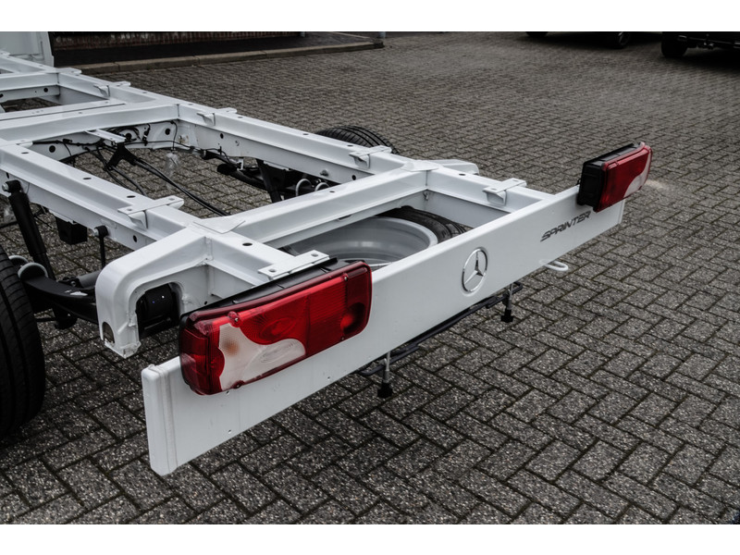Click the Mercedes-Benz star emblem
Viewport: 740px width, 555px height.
475,270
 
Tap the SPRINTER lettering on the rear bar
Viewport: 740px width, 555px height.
565,226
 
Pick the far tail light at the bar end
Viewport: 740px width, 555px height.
614,177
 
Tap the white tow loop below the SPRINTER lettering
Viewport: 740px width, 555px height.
557,265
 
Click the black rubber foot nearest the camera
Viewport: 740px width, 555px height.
385,390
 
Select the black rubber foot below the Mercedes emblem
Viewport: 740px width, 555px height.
507,314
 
